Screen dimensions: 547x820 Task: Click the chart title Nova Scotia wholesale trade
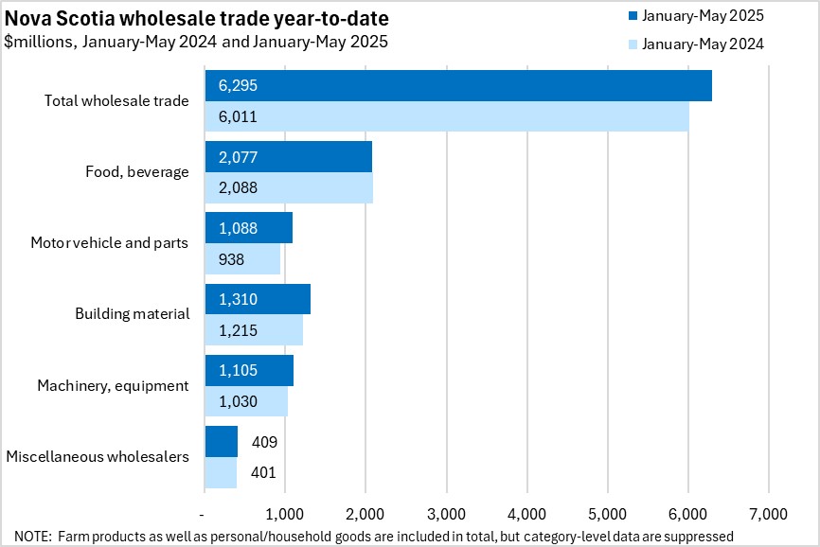pos(196,19)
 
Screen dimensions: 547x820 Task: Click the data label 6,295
pos(238,85)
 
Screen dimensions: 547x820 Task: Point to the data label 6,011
pos(238,117)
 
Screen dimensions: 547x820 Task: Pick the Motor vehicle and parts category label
pos(109,243)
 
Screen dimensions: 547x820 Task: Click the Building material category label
pos(133,313)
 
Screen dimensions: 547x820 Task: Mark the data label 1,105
pos(238,370)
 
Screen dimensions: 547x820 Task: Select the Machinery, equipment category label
pos(113,385)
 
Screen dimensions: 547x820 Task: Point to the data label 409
pos(264,441)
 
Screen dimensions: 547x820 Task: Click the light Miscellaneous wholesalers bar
pos(220,472)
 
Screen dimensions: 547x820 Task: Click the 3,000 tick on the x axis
pos(445,514)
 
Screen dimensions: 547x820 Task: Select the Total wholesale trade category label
pos(116,100)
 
